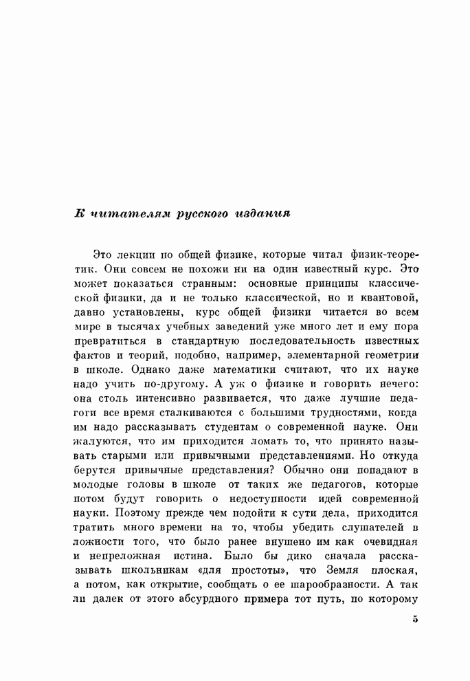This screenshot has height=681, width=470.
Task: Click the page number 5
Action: pos(415,619)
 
